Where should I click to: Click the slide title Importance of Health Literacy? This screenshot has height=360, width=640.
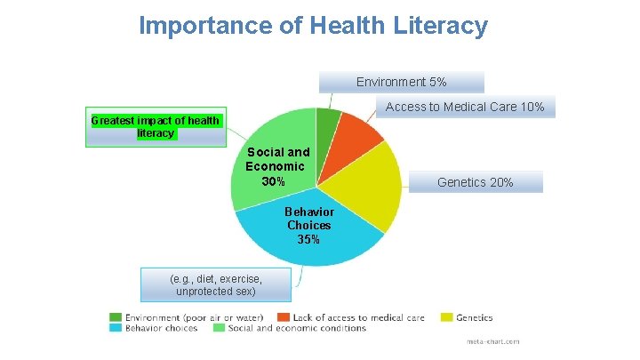[313, 25]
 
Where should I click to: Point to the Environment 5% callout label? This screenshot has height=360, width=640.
[401, 82]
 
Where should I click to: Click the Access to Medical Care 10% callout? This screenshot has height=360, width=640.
[465, 107]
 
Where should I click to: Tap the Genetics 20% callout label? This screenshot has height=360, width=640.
[475, 182]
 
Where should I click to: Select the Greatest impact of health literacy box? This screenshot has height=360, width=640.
[156, 127]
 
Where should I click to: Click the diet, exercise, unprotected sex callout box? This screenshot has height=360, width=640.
[215, 284]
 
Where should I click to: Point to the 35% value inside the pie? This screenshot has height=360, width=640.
[308, 240]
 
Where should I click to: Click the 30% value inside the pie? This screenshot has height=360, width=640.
[274, 181]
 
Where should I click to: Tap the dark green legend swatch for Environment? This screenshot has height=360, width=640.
[116, 316]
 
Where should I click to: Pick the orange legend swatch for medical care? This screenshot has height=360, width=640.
[284, 316]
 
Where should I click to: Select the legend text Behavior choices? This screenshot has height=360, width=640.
[162, 328]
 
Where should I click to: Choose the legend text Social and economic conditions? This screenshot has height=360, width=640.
[297, 328]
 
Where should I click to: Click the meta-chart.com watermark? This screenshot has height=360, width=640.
[493, 341]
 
